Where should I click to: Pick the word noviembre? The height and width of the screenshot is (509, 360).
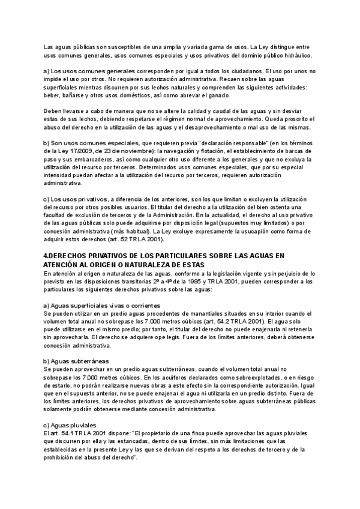tap(136, 151)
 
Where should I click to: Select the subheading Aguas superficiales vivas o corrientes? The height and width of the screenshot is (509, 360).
tap(106, 306)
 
